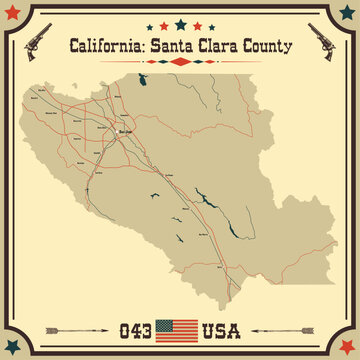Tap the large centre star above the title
coord(180,21)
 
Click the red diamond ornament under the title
coord(180,62)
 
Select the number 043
coord(138,328)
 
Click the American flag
coord(180,328)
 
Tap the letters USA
coord(223,328)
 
